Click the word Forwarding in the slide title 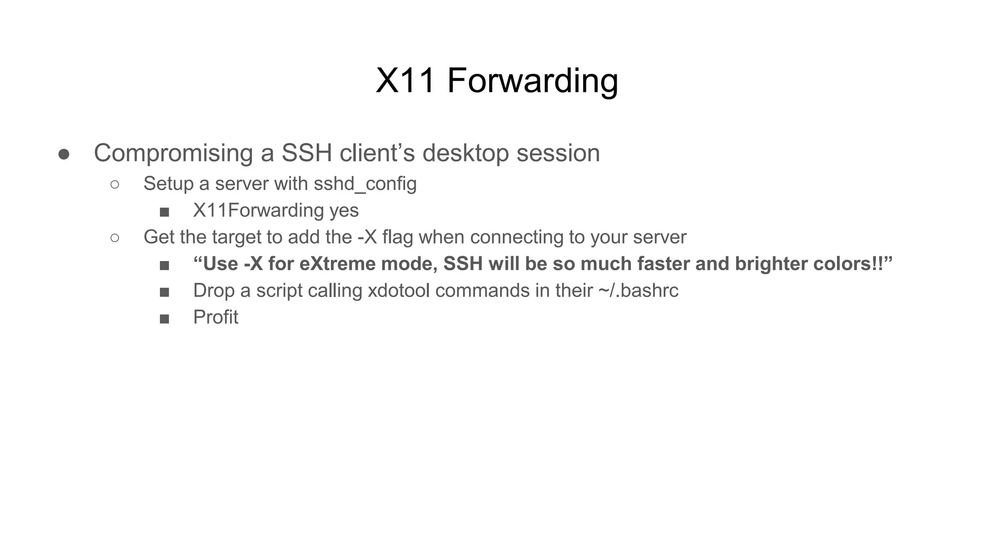click(532, 81)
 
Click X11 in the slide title click(405, 81)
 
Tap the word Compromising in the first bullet click(173, 153)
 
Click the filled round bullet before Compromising click(64, 155)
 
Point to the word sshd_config click(365, 184)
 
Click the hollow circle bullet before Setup click(115, 184)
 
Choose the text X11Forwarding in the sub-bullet click(258, 210)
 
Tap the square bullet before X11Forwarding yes click(164, 212)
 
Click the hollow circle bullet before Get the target click(115, 238)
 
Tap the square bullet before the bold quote click(164, 265)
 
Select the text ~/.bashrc click(638, 291)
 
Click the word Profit click(216, 317)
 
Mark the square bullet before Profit click(164, 319)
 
